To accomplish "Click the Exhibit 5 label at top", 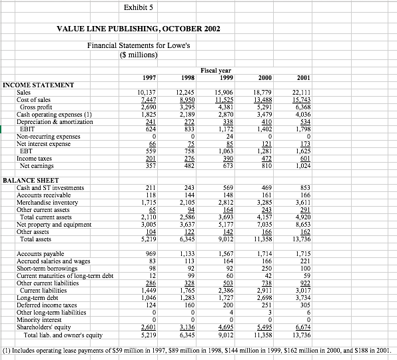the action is (x=139, y=7).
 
